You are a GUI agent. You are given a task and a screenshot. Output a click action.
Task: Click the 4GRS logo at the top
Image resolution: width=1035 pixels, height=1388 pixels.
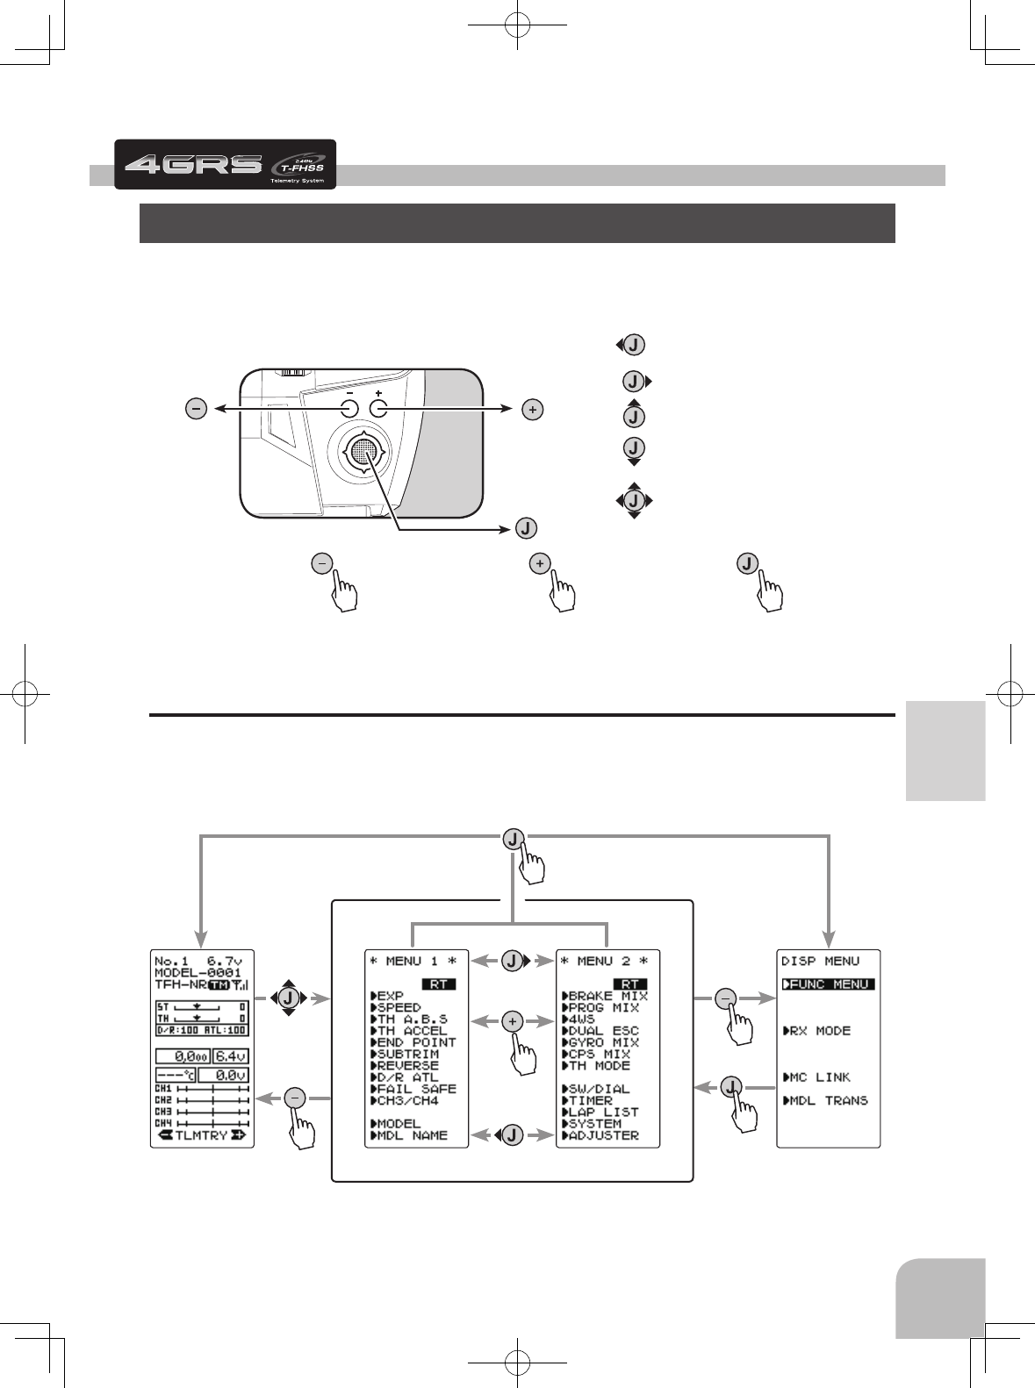[193, 164]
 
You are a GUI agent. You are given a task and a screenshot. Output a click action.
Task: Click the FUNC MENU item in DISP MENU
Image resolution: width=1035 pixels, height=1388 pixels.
[828, 984]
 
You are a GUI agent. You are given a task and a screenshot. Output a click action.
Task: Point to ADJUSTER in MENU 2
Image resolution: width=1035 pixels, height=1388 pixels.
[603, 1135]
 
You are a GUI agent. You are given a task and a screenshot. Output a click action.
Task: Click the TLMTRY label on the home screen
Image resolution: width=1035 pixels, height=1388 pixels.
[201, 1135]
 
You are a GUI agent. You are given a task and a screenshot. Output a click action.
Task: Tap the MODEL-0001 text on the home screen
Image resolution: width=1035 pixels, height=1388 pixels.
[198, 973]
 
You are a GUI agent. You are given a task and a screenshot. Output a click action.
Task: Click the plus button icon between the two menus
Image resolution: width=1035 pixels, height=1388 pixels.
[514, 1021]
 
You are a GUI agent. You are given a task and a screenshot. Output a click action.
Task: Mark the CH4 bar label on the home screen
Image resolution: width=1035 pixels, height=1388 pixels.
[163, 1123]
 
